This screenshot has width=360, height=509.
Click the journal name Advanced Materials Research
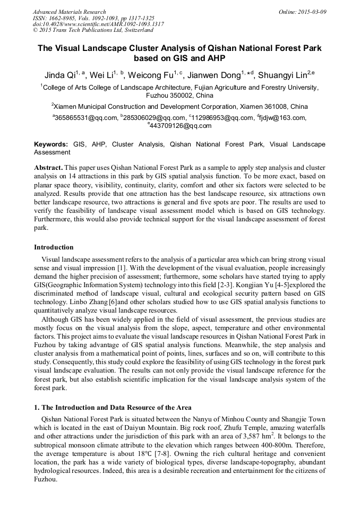(69, 12)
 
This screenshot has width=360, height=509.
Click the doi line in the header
(98, 24)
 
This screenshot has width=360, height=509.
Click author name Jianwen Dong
(216, 74)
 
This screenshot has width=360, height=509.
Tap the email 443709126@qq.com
(181, 126)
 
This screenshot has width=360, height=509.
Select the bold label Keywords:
(51, 144)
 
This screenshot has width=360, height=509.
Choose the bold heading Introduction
(54, 247)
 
